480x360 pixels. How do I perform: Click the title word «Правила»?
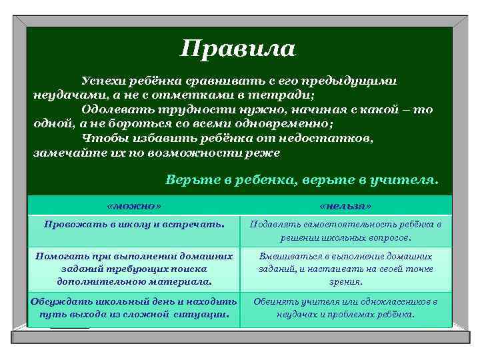tap(238, 48)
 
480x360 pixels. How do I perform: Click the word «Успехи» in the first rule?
tap(103, 80)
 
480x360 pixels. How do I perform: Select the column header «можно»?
tap(134, 205)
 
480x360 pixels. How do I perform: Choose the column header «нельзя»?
tap(345, 205)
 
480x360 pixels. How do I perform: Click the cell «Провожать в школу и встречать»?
tap(134, 224)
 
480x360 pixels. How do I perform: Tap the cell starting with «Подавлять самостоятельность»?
tap(345, 231)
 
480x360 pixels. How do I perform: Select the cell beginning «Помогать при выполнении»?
tap(134, 269)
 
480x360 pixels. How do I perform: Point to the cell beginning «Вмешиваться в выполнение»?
tap(345, 269)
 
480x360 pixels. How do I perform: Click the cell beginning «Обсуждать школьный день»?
tap(134, 307)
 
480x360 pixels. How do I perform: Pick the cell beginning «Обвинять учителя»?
tap(345, 307)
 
